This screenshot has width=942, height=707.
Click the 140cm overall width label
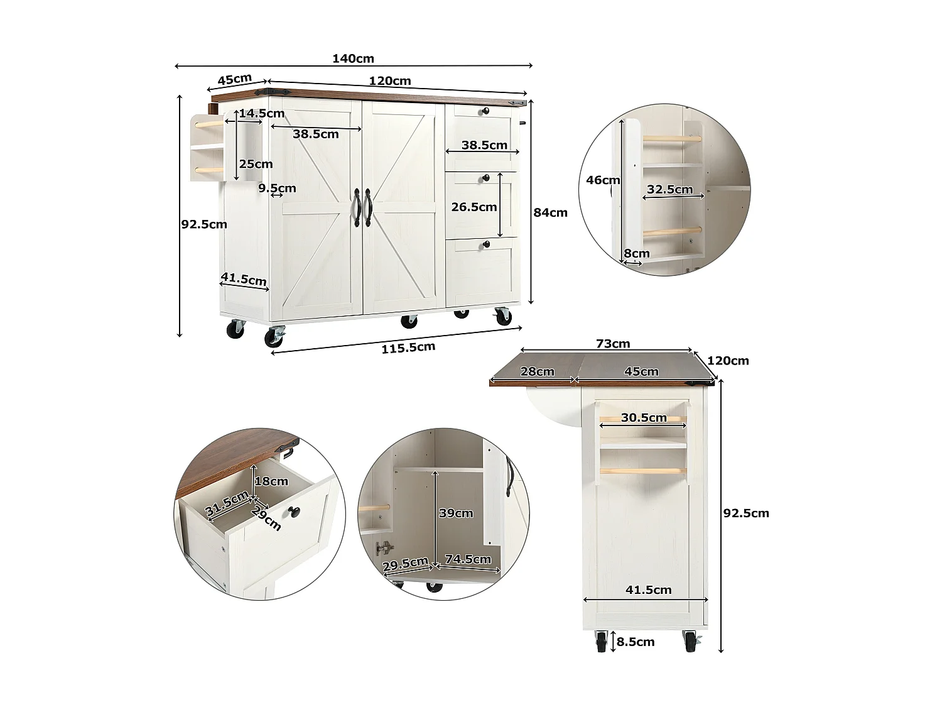pos(353,58)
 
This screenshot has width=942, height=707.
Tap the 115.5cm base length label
pos(408,348)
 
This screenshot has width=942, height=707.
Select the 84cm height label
pos(550,212)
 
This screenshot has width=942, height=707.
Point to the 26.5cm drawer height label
pos(474,207)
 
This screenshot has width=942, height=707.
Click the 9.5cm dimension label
pos(277,188)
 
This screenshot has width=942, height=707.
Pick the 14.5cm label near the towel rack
pos(261,114)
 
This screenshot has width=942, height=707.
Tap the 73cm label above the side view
pos(613,344)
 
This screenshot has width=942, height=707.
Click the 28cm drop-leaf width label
pos(537,371)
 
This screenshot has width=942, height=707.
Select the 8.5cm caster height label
pos(636,642)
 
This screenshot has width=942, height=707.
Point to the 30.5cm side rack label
pos(644,418)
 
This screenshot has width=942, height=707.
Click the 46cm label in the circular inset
pos(603,180)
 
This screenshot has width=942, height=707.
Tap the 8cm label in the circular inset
pos(637,253)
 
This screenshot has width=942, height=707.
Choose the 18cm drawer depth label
pos(271,481)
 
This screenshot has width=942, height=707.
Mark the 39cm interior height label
pos(456,513)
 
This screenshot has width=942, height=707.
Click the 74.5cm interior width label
pos(468,559)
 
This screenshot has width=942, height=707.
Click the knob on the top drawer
pos(485,112)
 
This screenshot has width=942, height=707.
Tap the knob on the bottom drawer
pos(485,244)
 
